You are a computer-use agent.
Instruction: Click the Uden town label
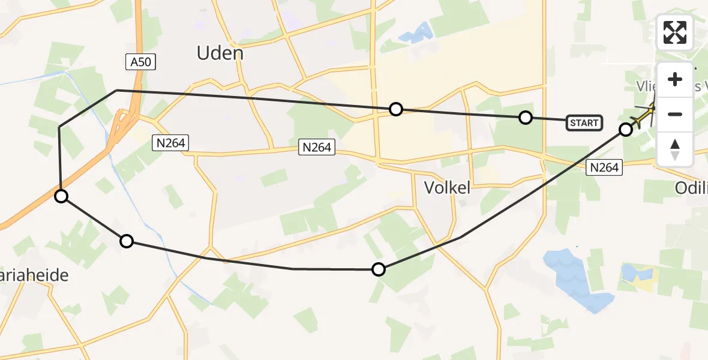point(220,53)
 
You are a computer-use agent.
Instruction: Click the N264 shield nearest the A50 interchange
point(171,143)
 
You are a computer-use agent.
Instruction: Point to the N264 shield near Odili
point(604,168)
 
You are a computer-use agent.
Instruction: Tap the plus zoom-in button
point(675,79)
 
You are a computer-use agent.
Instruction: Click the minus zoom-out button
point(675,114)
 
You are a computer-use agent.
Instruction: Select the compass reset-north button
point(675,149)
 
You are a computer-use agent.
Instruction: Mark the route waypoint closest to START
point(526,118)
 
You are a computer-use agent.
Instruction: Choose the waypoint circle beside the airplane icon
point(626,129)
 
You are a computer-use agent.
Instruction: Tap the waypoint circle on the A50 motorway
point(61,196)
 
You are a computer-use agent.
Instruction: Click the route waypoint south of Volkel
point(379,269)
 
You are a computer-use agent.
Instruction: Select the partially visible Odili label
point(691,187)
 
